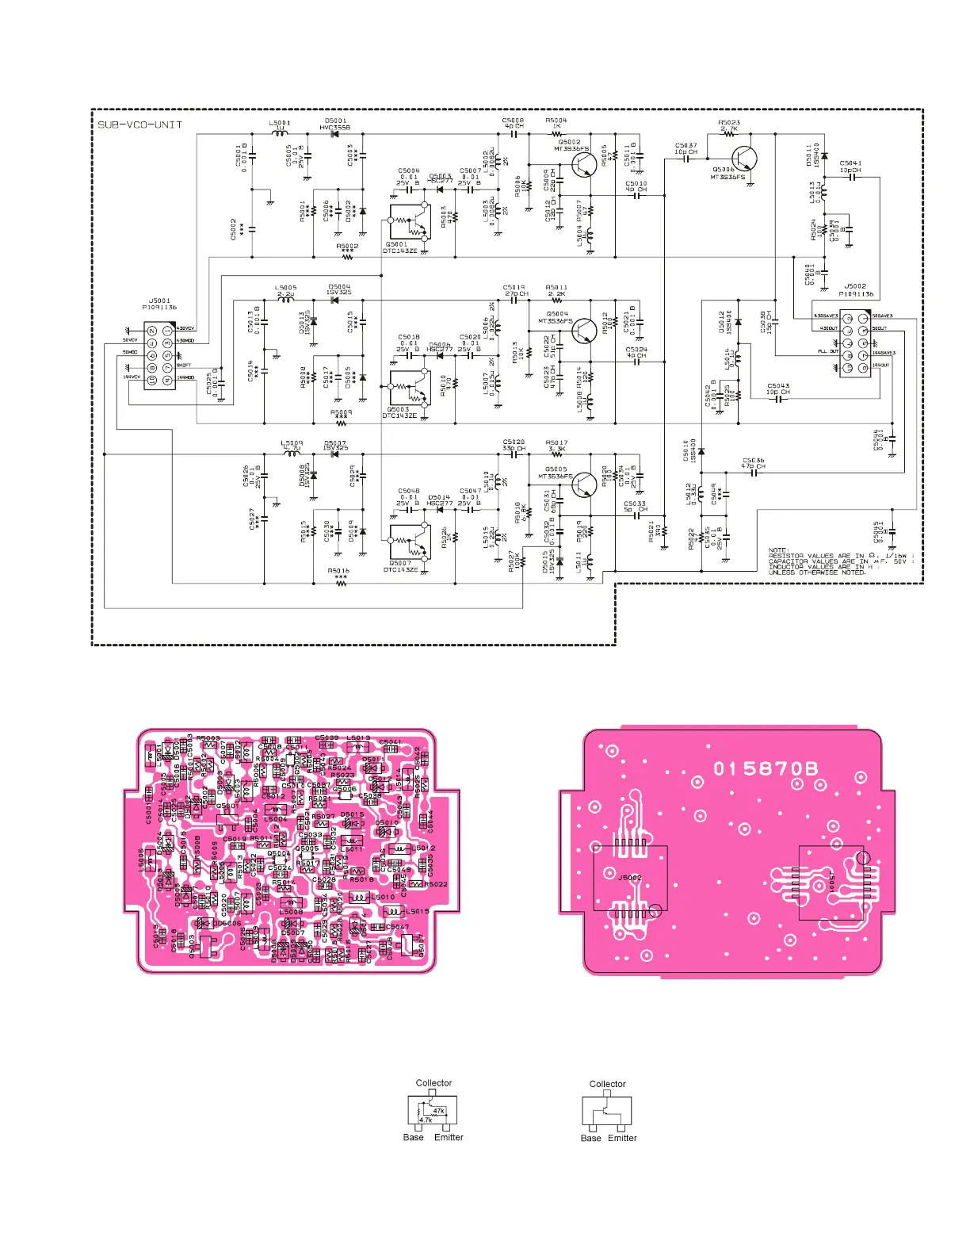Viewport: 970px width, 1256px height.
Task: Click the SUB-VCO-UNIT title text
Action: [x=139, y=124]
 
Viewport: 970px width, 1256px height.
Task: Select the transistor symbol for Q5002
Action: [x=584, y=165]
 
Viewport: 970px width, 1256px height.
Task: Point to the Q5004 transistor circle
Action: [x=584, y=331]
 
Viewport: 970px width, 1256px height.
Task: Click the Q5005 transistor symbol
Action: [x=584, y=484]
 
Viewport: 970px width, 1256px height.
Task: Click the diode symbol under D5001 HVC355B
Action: [x=335, y=134]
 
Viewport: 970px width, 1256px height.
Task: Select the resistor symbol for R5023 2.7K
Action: [x=729, y=134]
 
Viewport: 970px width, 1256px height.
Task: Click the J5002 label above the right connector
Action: [x=855, y=286]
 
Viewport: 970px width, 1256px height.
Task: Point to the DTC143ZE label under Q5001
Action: [x=399, y=251]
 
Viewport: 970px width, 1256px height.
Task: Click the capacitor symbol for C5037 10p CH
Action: [x=686, y=159]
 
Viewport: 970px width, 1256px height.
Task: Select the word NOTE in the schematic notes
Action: [x=778, y=549]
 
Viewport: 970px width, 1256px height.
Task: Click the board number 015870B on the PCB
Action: [x=766, y=768]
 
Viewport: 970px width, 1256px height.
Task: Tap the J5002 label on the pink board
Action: [x=629, y=878]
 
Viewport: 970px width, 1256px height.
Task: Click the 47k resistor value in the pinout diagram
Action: [x=438, y=1111]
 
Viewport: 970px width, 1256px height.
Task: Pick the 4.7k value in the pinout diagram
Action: [x=426, y=1120]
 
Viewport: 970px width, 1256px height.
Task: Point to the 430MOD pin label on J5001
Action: [x=185, y=341]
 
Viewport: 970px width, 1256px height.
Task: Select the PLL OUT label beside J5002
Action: [x=828, y=351]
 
